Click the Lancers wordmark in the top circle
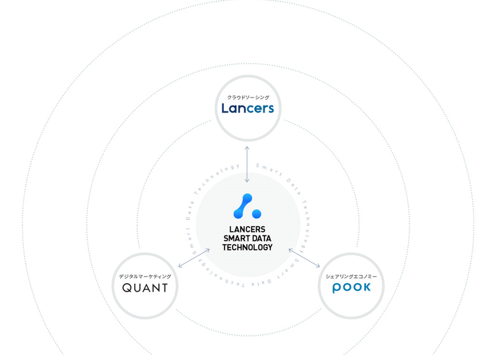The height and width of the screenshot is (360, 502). click(x=248, y=108)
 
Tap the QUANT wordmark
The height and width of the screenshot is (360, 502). click(x=145, y=288)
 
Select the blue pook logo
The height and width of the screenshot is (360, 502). click(x=351, y=287)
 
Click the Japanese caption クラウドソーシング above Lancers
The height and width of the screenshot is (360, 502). click(x=248, y=97)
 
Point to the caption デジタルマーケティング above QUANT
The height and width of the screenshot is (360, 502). click(x=145, y=276)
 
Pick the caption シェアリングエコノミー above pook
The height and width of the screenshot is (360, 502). click(x=351, y=276)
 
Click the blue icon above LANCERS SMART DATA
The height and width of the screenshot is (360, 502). click(x=247, y=206)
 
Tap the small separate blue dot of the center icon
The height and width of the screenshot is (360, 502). click(x=256, y=214)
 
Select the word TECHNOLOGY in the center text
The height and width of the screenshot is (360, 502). click(x=247, y=247)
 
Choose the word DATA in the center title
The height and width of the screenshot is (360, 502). click(x=261, y=238)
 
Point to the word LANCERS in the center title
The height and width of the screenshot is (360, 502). click(x=247, y=229)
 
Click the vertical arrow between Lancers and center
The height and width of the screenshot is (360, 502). click(x=247, y=165)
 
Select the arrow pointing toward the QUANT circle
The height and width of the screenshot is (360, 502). click(x=194, y=258)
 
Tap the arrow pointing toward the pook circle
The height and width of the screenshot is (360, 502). click(x=304, y=258)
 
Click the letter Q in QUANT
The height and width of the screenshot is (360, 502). click(x=127, y=288)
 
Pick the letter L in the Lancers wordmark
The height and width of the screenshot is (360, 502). click(x=225, y=108)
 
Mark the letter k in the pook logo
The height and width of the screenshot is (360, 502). click(x=366, y=287)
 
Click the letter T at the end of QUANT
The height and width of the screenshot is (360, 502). click(x=164, y=288)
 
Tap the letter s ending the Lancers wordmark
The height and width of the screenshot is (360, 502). click(x=271, y=109)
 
